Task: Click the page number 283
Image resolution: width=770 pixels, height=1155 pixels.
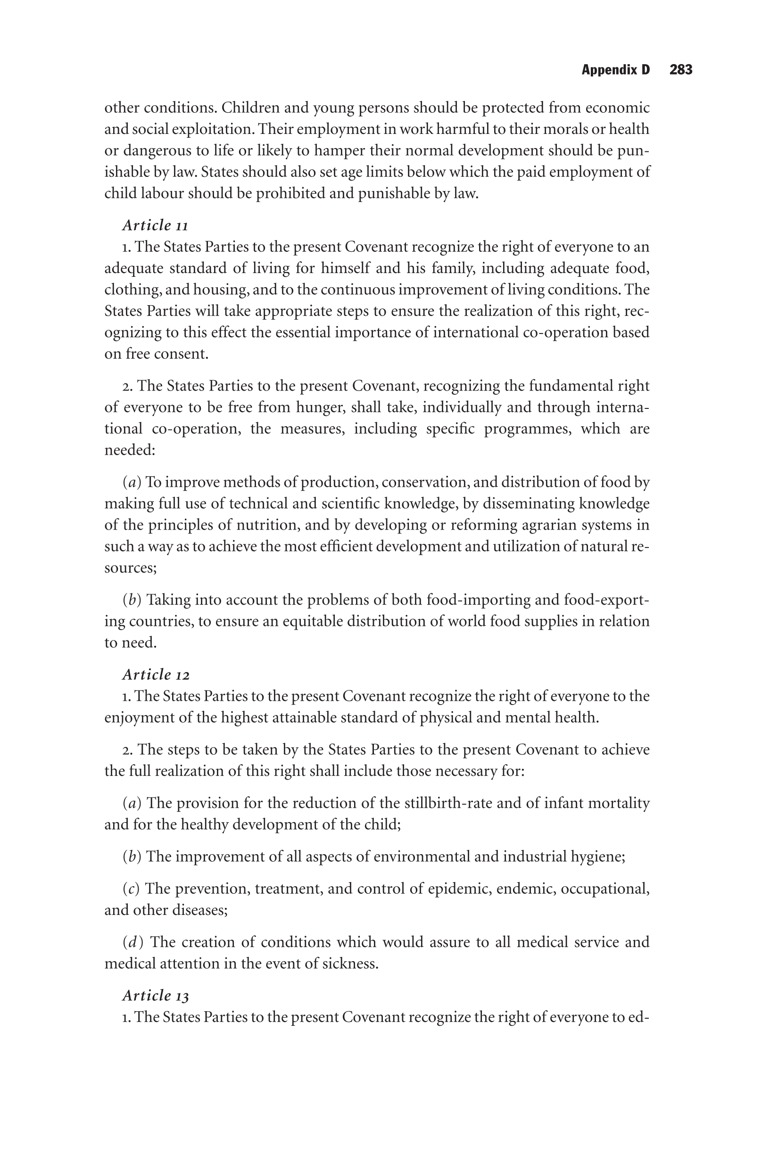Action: (680, 70)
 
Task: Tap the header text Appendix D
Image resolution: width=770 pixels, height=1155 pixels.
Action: (615, 70)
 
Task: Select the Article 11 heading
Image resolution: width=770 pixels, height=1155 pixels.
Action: (155, 225)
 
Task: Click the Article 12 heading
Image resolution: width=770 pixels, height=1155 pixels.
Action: (156, 675)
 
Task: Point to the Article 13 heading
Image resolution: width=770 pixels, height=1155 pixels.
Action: (155, 996)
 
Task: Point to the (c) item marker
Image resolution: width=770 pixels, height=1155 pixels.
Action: (131, 889)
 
